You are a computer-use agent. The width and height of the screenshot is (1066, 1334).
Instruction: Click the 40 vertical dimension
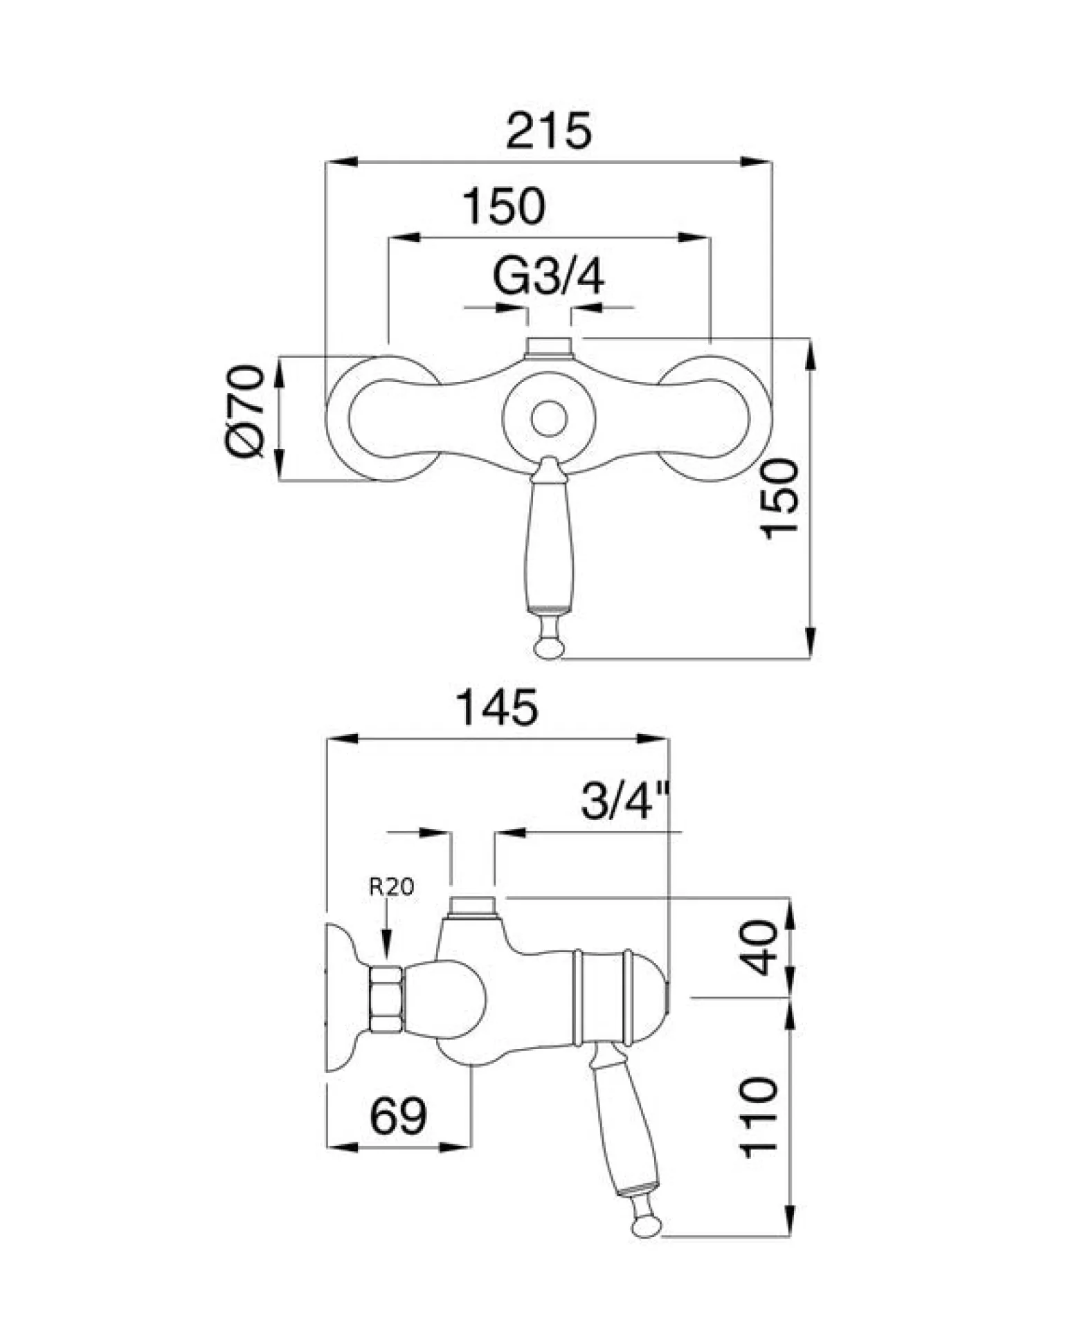point(764,948)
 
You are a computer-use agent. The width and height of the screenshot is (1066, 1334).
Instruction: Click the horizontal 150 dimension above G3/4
point(504,206)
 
